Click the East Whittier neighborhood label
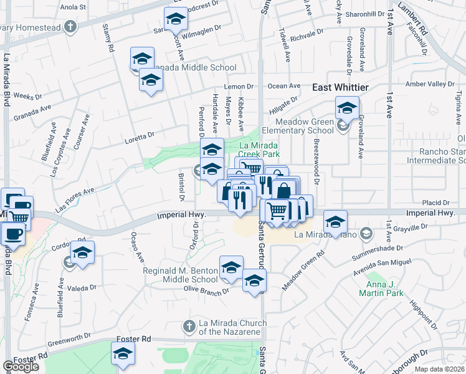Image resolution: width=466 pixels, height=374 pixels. tap(340, 88)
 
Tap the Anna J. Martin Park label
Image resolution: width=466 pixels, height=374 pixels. tap(382, 287)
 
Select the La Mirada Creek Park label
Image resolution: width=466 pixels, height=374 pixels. tap(260, 149)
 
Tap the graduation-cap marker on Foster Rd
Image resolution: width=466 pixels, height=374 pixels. tap(123, 353)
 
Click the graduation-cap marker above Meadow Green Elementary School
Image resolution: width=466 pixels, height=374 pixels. tap(347, 108)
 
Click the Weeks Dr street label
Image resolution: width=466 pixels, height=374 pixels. tap(27, 97)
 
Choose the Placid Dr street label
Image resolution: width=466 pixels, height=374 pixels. tap(436, 203)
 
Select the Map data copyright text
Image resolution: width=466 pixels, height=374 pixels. tap(440, 369)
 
